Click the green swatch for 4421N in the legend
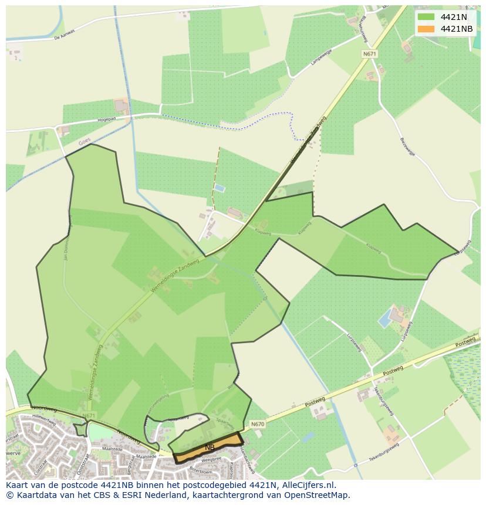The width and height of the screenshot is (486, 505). coord(426,17)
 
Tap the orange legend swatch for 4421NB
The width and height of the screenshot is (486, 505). coord(426,29)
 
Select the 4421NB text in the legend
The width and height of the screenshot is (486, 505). coord(457,29)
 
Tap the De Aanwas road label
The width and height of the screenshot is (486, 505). coord(65,35)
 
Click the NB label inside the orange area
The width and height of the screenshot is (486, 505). coord(210,448)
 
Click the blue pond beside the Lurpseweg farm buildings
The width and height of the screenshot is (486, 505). coord(384,320)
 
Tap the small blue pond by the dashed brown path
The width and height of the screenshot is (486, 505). coord(219,188)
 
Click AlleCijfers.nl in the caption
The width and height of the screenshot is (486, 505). coord(308,485)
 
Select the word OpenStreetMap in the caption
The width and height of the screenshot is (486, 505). coord(318,495)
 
